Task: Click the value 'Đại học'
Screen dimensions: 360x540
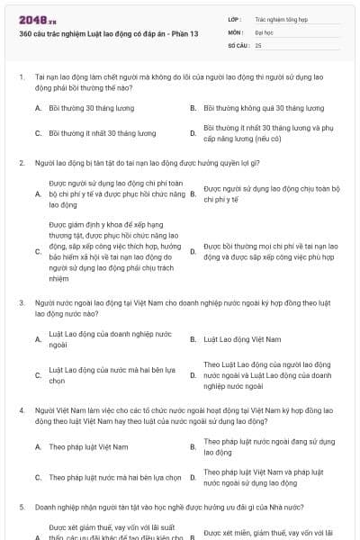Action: click(264, 31)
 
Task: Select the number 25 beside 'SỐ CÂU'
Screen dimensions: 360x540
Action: click(258, 44)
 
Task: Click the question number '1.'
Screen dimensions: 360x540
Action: click(21, 77)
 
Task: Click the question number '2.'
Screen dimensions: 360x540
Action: click(21, 163)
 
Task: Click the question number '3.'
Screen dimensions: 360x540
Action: click(21, 303)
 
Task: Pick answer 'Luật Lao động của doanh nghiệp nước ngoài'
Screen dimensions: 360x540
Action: click(109, 339)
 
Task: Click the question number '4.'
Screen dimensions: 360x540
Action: click(21, 409)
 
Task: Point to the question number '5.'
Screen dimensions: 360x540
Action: click(21, 507)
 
